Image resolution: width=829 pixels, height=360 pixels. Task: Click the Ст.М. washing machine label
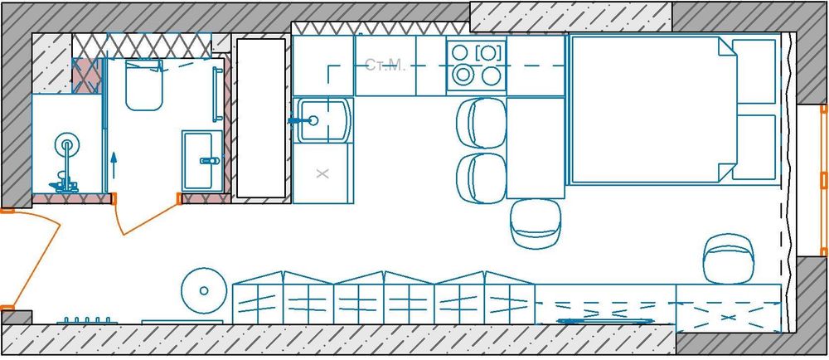[385, 65]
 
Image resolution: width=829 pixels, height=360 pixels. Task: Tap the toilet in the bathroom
[143, 85]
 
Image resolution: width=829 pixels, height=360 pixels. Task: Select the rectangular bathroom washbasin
[202, 161]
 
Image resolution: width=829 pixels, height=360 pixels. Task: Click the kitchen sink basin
[322, 121]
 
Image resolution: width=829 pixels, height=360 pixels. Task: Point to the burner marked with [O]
[488, 53]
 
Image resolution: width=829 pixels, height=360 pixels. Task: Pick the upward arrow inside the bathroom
[113, 166]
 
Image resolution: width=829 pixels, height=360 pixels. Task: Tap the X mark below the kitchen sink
[322, 173]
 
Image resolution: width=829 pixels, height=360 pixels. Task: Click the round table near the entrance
[204, 290]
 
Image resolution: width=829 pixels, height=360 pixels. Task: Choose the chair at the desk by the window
[729, 260]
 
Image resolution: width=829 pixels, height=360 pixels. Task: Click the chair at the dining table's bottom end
[536, 224]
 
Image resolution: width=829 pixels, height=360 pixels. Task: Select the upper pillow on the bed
[754, 71]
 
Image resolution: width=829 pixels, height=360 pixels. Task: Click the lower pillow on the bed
[754, 147]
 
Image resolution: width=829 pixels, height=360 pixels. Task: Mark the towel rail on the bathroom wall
[217, 94]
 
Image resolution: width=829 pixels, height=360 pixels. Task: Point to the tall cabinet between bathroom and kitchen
[261, 118]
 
